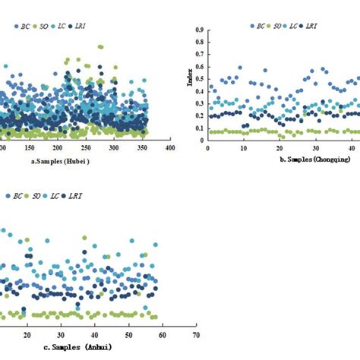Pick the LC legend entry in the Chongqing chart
294,26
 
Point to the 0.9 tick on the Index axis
199,30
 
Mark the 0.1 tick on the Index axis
199,128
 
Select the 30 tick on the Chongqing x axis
316,148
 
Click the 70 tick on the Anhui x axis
196,334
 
